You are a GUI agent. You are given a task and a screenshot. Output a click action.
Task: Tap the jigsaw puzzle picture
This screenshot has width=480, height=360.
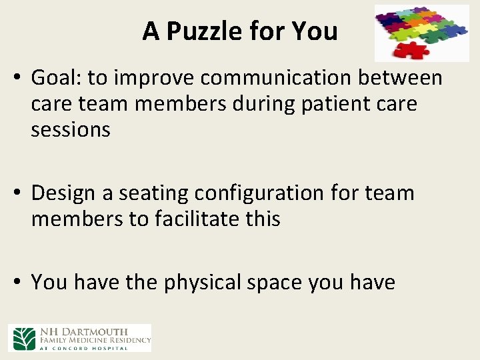pos(421,33)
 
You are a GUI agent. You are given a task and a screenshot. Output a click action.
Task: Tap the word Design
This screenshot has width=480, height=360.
pos(63,193)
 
